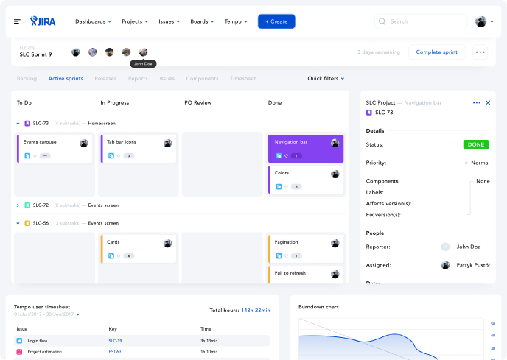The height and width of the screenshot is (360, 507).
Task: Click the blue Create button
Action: point(276,21)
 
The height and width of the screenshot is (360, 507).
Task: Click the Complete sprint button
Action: point(436,52)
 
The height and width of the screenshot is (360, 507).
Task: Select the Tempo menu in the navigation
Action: point(235,21)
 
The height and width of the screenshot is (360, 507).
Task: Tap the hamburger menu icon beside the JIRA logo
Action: point(17,21)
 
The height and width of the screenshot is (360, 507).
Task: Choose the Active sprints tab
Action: point(66,78)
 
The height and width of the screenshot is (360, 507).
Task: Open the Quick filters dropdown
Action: point(326,78)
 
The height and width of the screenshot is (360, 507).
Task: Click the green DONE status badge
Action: point(476,144)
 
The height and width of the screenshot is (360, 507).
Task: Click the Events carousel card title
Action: point(41,141)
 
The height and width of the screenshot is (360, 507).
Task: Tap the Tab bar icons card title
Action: point(122,141)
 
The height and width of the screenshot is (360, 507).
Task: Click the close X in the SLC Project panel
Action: point(488,102)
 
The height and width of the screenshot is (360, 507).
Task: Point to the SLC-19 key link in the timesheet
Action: point(115,341)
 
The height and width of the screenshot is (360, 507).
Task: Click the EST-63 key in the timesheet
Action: point(115,352)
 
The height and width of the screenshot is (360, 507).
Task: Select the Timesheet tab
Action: point(242,78)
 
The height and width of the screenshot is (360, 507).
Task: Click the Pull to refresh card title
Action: point(290,273)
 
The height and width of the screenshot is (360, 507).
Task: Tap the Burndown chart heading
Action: point(318,306)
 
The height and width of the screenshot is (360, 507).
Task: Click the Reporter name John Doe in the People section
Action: point(469,247)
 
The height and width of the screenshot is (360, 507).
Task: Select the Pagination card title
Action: point(286,241)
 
